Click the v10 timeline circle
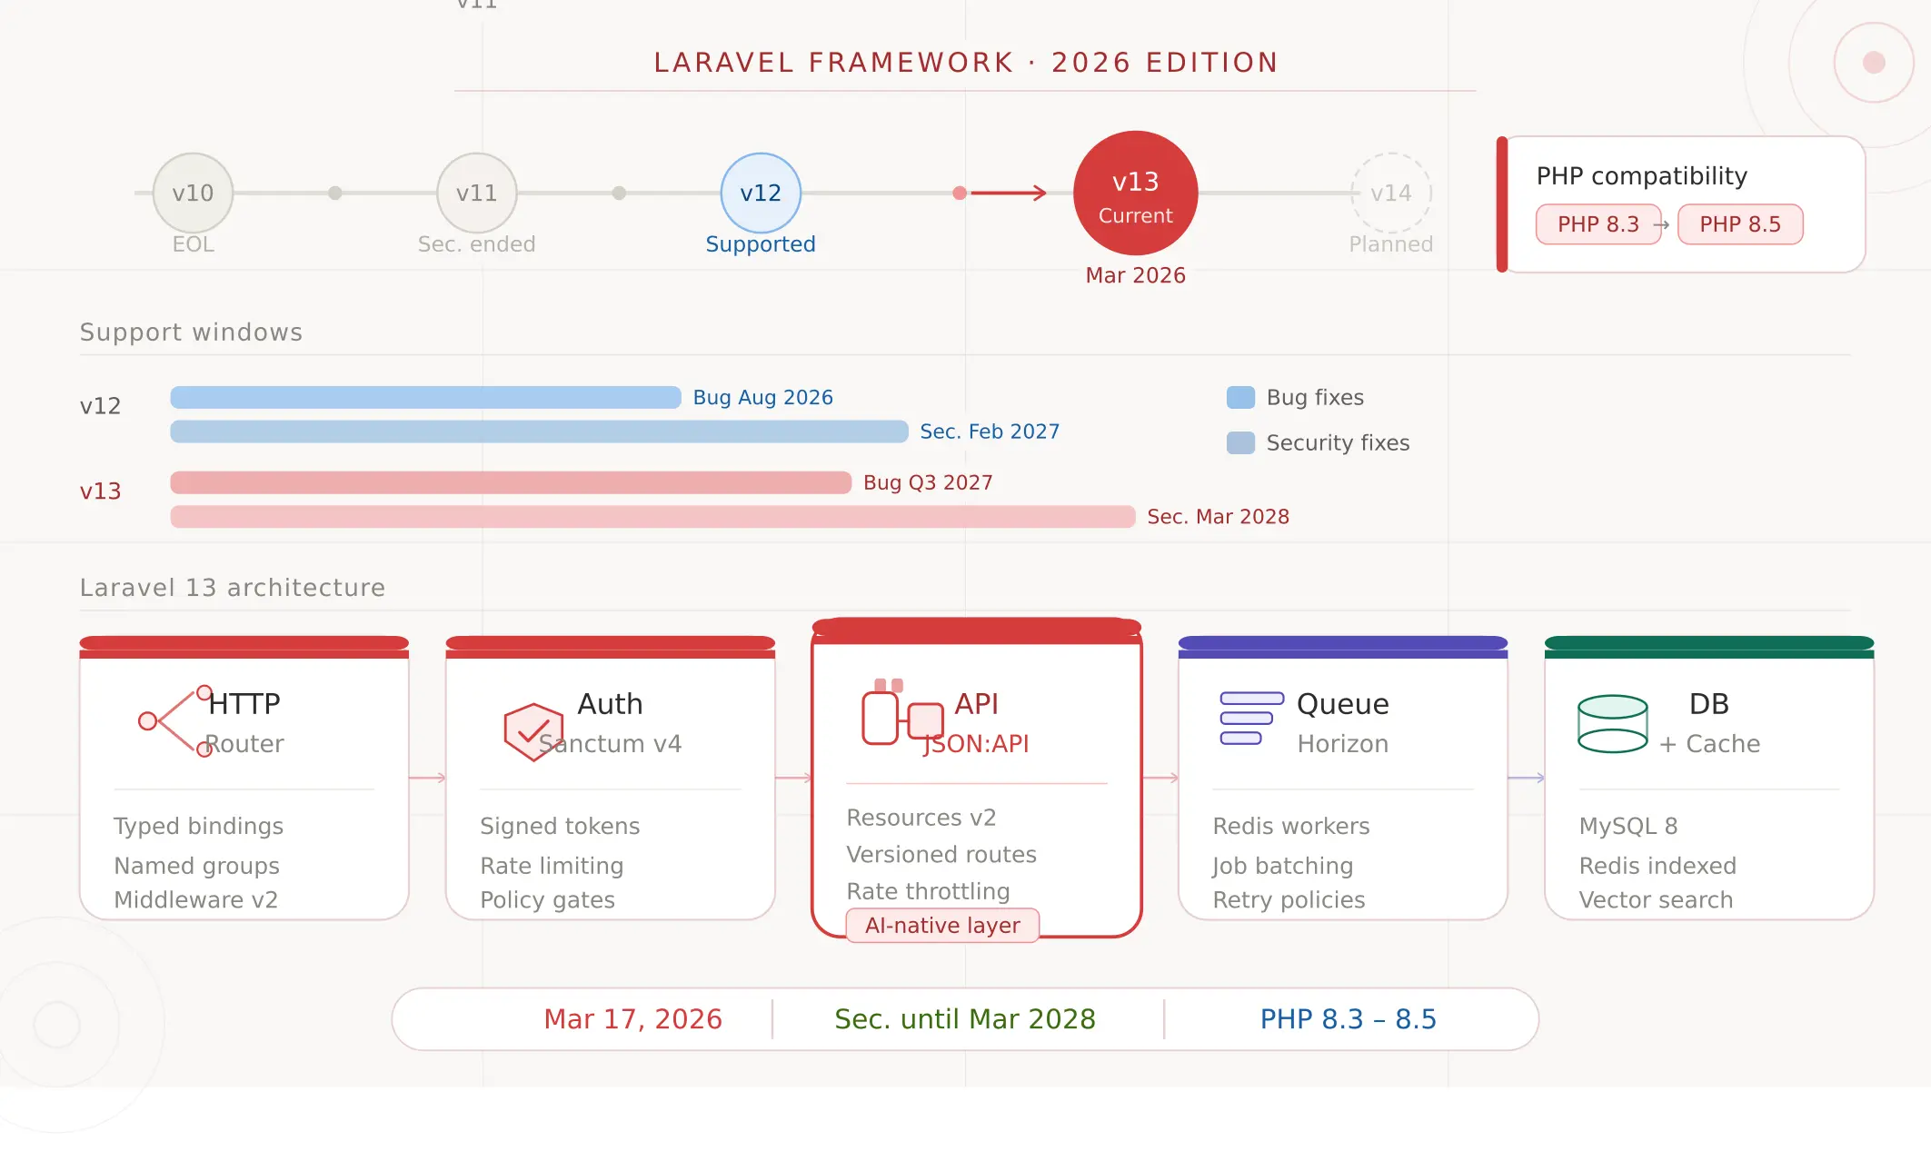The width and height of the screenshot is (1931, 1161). coord(193,193)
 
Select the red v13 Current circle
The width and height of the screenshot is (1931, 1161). coord(1135,193)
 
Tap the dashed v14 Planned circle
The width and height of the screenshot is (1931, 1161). coord(1390,193)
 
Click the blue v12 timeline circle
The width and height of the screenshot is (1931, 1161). coord(761,193)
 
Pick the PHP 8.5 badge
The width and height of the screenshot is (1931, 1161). coord(1739,224)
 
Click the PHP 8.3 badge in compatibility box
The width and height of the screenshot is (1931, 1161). coord(1598,224)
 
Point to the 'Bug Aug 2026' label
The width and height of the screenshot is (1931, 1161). coord(762,398)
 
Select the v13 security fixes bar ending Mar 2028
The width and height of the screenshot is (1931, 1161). coord(652,517)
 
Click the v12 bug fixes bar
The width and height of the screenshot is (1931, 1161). coord(425,398)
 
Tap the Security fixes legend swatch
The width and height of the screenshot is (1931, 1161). coord(1240,442)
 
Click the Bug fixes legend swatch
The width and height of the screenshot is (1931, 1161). coord(1240,397)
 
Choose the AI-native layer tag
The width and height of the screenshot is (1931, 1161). coord(942,926)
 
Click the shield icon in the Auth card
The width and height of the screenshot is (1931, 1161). coord(533,731)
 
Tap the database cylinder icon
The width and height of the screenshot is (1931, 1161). coord(1612,724)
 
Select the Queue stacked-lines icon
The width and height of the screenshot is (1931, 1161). coord(1250,719)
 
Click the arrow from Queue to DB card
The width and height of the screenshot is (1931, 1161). coord(1526,778)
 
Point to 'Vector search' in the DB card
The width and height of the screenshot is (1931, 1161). coord(1656,900)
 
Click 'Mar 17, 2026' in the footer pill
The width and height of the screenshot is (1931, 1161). coord(632,1019)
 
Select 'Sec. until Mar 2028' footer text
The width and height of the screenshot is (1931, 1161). coord(965,1019)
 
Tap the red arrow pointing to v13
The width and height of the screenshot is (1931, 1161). coord(1009,193)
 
